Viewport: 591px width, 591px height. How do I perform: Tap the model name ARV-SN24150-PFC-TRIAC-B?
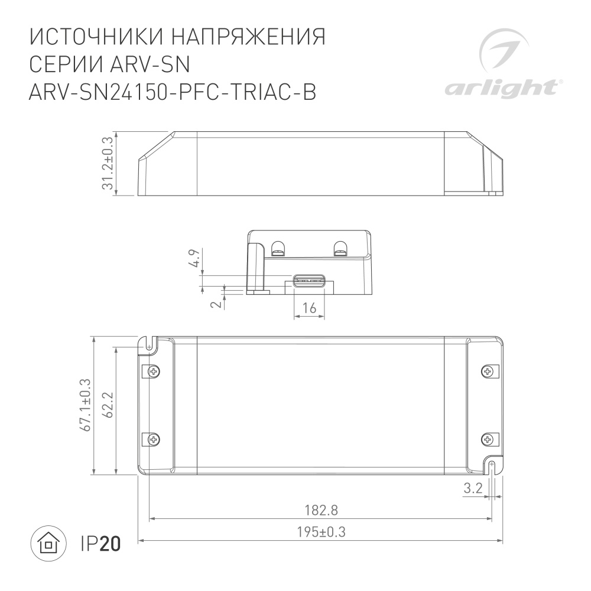pos(172,93)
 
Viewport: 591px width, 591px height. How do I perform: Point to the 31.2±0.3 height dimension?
pos(107,164)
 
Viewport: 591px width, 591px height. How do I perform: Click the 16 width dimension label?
pos(309,308)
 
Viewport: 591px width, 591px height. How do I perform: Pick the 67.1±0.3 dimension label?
pos(86,405)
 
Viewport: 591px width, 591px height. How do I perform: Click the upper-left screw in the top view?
pos(154,372)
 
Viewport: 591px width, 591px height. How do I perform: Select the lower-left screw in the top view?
pos(154,439)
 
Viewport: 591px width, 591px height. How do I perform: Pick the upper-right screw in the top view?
pos(488,372)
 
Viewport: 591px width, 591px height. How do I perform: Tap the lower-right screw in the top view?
pos(488,439)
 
